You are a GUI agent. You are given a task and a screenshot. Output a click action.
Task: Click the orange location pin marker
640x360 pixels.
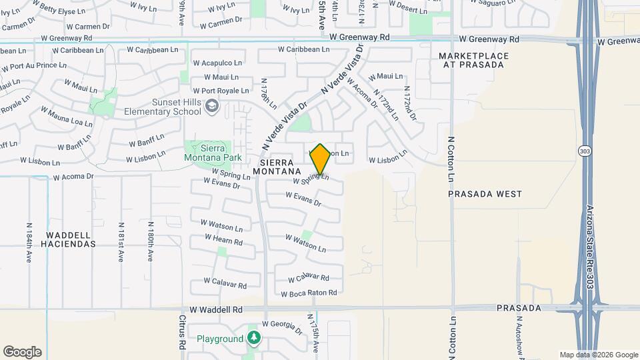(321, 159)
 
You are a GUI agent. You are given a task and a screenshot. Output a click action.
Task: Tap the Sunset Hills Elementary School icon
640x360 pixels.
(212, 105)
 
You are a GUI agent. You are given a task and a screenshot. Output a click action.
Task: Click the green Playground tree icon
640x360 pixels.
(253, 338)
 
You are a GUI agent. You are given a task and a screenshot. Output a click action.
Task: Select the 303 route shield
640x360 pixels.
(585, 151)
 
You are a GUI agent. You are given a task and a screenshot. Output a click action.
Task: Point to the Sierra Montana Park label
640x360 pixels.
(211, 153)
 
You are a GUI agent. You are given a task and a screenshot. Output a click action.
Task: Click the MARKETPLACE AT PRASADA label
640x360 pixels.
(474, 60)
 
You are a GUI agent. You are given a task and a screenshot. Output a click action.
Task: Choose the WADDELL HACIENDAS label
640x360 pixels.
(71, 239)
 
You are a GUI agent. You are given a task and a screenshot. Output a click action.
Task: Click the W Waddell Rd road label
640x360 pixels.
(216, 310)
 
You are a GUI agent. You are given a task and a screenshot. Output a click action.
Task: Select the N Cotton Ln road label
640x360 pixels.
(451, 159)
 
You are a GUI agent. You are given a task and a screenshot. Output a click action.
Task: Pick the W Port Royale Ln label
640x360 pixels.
(221, 91)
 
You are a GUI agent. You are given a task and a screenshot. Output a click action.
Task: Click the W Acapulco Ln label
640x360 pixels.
(216, 63)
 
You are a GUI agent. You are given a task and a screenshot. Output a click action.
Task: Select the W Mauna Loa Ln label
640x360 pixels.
(67, 117)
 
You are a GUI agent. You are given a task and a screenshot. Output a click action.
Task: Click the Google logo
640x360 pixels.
(22, 352)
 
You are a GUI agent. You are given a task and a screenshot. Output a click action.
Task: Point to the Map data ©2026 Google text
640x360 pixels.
(598, 355)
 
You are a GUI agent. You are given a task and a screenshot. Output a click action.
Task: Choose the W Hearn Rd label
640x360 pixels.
(224, 239)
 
